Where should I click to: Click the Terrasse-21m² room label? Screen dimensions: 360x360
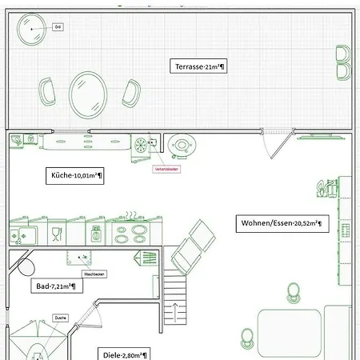[x=199, y=67]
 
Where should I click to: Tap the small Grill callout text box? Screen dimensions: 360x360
[x=58, y=26]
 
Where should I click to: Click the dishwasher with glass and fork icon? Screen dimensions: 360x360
[x=57, y=234]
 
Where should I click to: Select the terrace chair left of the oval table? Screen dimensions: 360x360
[x=48, y=94]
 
